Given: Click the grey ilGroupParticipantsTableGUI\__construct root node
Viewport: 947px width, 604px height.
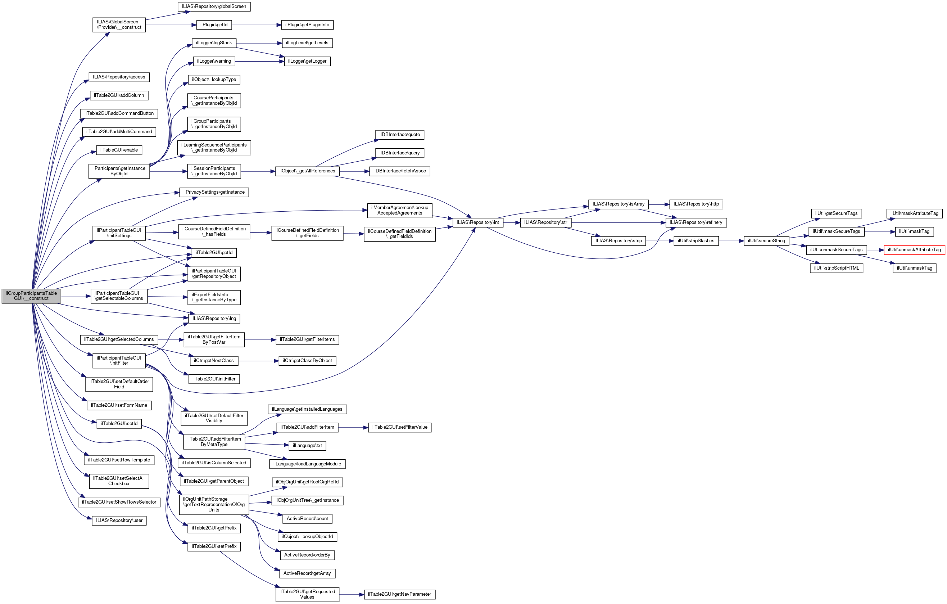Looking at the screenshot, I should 31,296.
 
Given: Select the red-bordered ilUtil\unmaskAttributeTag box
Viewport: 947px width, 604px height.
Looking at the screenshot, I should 914,250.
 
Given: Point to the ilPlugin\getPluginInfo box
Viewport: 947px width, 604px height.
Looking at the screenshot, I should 307,25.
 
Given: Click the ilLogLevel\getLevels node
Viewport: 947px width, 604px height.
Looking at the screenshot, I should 307,43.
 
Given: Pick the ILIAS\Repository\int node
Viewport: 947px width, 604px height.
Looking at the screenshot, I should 477,222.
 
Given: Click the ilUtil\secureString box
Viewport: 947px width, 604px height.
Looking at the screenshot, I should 766,241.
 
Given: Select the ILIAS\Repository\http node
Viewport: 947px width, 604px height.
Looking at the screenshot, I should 696,204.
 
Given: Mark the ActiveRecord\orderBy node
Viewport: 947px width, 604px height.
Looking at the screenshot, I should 307,555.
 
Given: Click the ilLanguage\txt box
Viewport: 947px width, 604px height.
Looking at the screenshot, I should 307,445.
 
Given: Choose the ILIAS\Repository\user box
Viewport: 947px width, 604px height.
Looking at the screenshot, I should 119,520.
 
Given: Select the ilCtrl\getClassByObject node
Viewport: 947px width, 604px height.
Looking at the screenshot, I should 307,361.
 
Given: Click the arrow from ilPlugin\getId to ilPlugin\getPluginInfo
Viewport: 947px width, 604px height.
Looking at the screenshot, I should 257,25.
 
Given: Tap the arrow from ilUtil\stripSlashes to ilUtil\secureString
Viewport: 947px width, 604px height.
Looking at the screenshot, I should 731,241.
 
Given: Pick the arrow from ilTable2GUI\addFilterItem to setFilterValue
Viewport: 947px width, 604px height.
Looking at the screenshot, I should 353,428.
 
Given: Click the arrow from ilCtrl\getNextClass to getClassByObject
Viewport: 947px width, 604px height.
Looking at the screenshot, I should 258,361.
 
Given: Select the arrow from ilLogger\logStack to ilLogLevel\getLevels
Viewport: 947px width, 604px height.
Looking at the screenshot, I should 259,43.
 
